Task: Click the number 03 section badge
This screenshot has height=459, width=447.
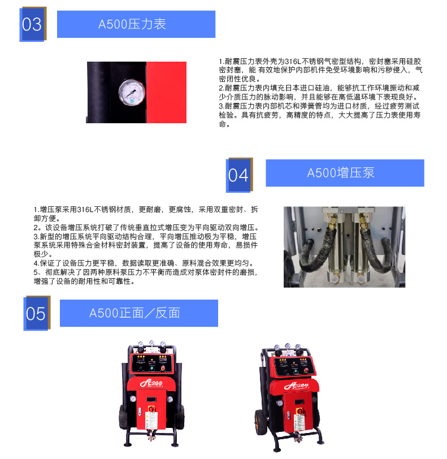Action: [x=33, y=24]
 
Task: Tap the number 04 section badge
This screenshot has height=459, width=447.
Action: [x=239, y=175]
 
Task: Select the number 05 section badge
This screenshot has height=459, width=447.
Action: [x=37, y=313]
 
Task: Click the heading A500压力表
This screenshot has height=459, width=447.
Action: [x=132, y=24]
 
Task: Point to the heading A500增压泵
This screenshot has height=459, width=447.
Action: [x=341, y=173]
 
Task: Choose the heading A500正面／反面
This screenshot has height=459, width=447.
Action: [x=134, y=313]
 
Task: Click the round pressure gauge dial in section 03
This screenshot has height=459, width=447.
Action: [x=132, y=92]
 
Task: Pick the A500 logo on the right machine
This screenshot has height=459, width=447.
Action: [x=296, y=386]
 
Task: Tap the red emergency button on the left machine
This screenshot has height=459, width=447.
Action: [x=163, y=367]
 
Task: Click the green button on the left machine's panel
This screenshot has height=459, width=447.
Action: [x=152, y=369]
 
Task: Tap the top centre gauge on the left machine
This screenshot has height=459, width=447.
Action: [x=151, y=343]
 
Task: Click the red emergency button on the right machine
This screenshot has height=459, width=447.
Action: [x=306, y=370]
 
